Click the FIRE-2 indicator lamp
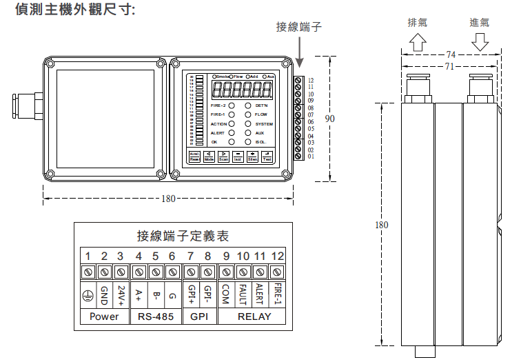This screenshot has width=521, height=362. pos(232,105)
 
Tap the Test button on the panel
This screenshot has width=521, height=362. pos(267,157)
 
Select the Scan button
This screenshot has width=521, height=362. pos(223,157)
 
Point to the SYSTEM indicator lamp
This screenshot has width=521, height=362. pos(248,124)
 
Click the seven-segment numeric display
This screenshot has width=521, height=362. pos(241,89)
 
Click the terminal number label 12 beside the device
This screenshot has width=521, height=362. pos(311,81)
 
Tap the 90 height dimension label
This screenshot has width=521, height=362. pos(330,119)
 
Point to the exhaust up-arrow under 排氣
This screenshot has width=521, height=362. pos(418,42)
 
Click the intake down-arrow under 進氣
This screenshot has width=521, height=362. pos(480,42)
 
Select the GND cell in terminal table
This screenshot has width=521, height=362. pos(104,294)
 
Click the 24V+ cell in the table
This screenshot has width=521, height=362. pos(121,294)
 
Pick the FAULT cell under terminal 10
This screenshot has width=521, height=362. pos(243,294)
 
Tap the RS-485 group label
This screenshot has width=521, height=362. pos(156,317)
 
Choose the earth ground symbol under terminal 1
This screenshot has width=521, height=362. pos(88,294)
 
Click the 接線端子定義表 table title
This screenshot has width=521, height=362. pos(183,237)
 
